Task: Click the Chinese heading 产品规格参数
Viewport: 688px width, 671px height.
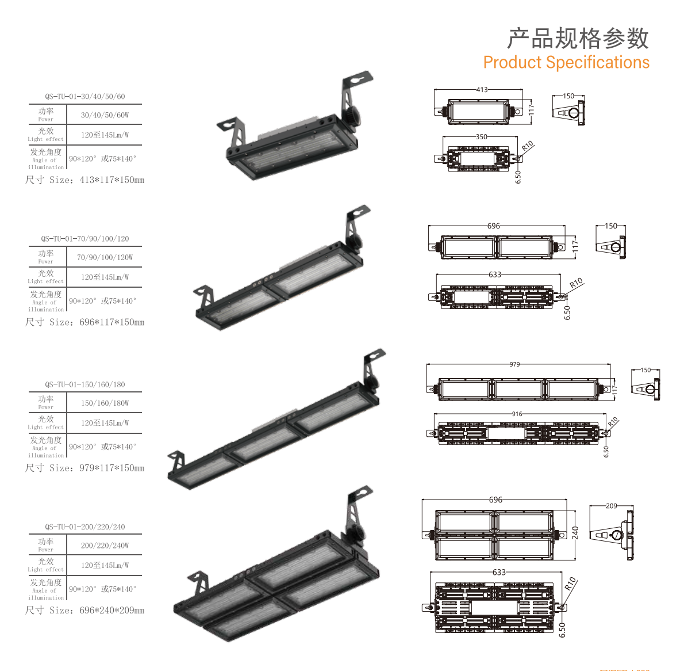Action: (578, 38)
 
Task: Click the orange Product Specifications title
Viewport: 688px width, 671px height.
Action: (566, 63)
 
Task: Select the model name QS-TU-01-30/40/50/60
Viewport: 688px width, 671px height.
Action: (84, 96)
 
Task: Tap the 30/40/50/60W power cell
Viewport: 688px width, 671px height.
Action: (105, 115)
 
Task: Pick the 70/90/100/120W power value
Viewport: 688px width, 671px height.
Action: (105, 257)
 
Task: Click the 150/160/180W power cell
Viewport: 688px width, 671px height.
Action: (105, 403)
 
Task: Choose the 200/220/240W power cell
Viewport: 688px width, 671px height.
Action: (105, 546)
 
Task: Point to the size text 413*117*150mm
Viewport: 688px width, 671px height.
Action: (112, 180)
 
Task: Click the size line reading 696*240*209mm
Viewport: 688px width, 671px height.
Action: (112, 611)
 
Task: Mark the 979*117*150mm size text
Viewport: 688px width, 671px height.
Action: (112, 468)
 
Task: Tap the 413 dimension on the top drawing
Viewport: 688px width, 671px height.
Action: (482, 90)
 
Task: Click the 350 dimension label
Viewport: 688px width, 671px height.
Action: (481, 136)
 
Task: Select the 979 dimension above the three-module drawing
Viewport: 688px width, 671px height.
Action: (514, 364)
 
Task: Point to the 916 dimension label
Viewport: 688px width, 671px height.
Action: (517, 414)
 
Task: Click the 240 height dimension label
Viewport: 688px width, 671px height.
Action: (575, 533)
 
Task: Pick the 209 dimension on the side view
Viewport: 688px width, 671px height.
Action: (611, 506)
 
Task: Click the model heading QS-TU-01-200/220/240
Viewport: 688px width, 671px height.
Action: (84, 527)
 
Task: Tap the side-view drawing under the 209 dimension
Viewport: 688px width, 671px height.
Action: (612, 535)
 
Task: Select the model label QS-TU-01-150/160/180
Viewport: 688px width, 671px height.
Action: (84, 384)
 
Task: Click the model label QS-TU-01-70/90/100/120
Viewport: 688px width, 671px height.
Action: (84, 239)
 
